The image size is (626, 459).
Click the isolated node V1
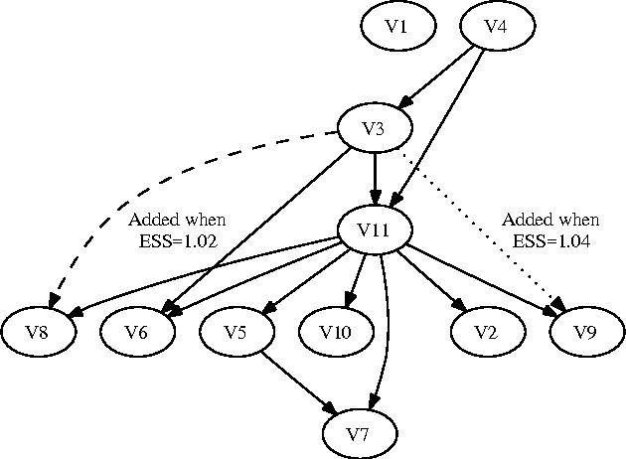coord(397,27)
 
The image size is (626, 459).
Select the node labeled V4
coord(496,27)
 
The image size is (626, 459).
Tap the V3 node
coord(375,130)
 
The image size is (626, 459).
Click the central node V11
coord(375,232)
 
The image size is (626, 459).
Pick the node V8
coord(38,332)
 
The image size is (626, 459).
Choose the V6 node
coord(137,332)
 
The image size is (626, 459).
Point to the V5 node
coord(236,332)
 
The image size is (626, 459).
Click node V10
coord(336,332)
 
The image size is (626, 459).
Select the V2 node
coord(485,332)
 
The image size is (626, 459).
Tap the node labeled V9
coord(586,332)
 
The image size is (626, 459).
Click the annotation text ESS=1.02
coord(177,239)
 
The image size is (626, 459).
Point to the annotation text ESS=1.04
coord(549,239)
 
